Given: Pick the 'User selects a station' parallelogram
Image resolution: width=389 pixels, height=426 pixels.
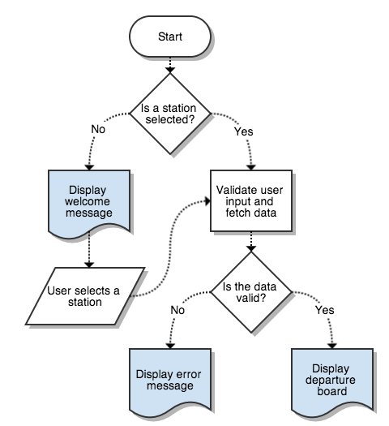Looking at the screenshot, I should point(85,296).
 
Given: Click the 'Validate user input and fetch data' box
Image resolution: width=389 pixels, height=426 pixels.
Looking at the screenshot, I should point(252,200).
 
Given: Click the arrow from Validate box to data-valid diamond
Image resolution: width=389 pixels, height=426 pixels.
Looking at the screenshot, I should point(252,241).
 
